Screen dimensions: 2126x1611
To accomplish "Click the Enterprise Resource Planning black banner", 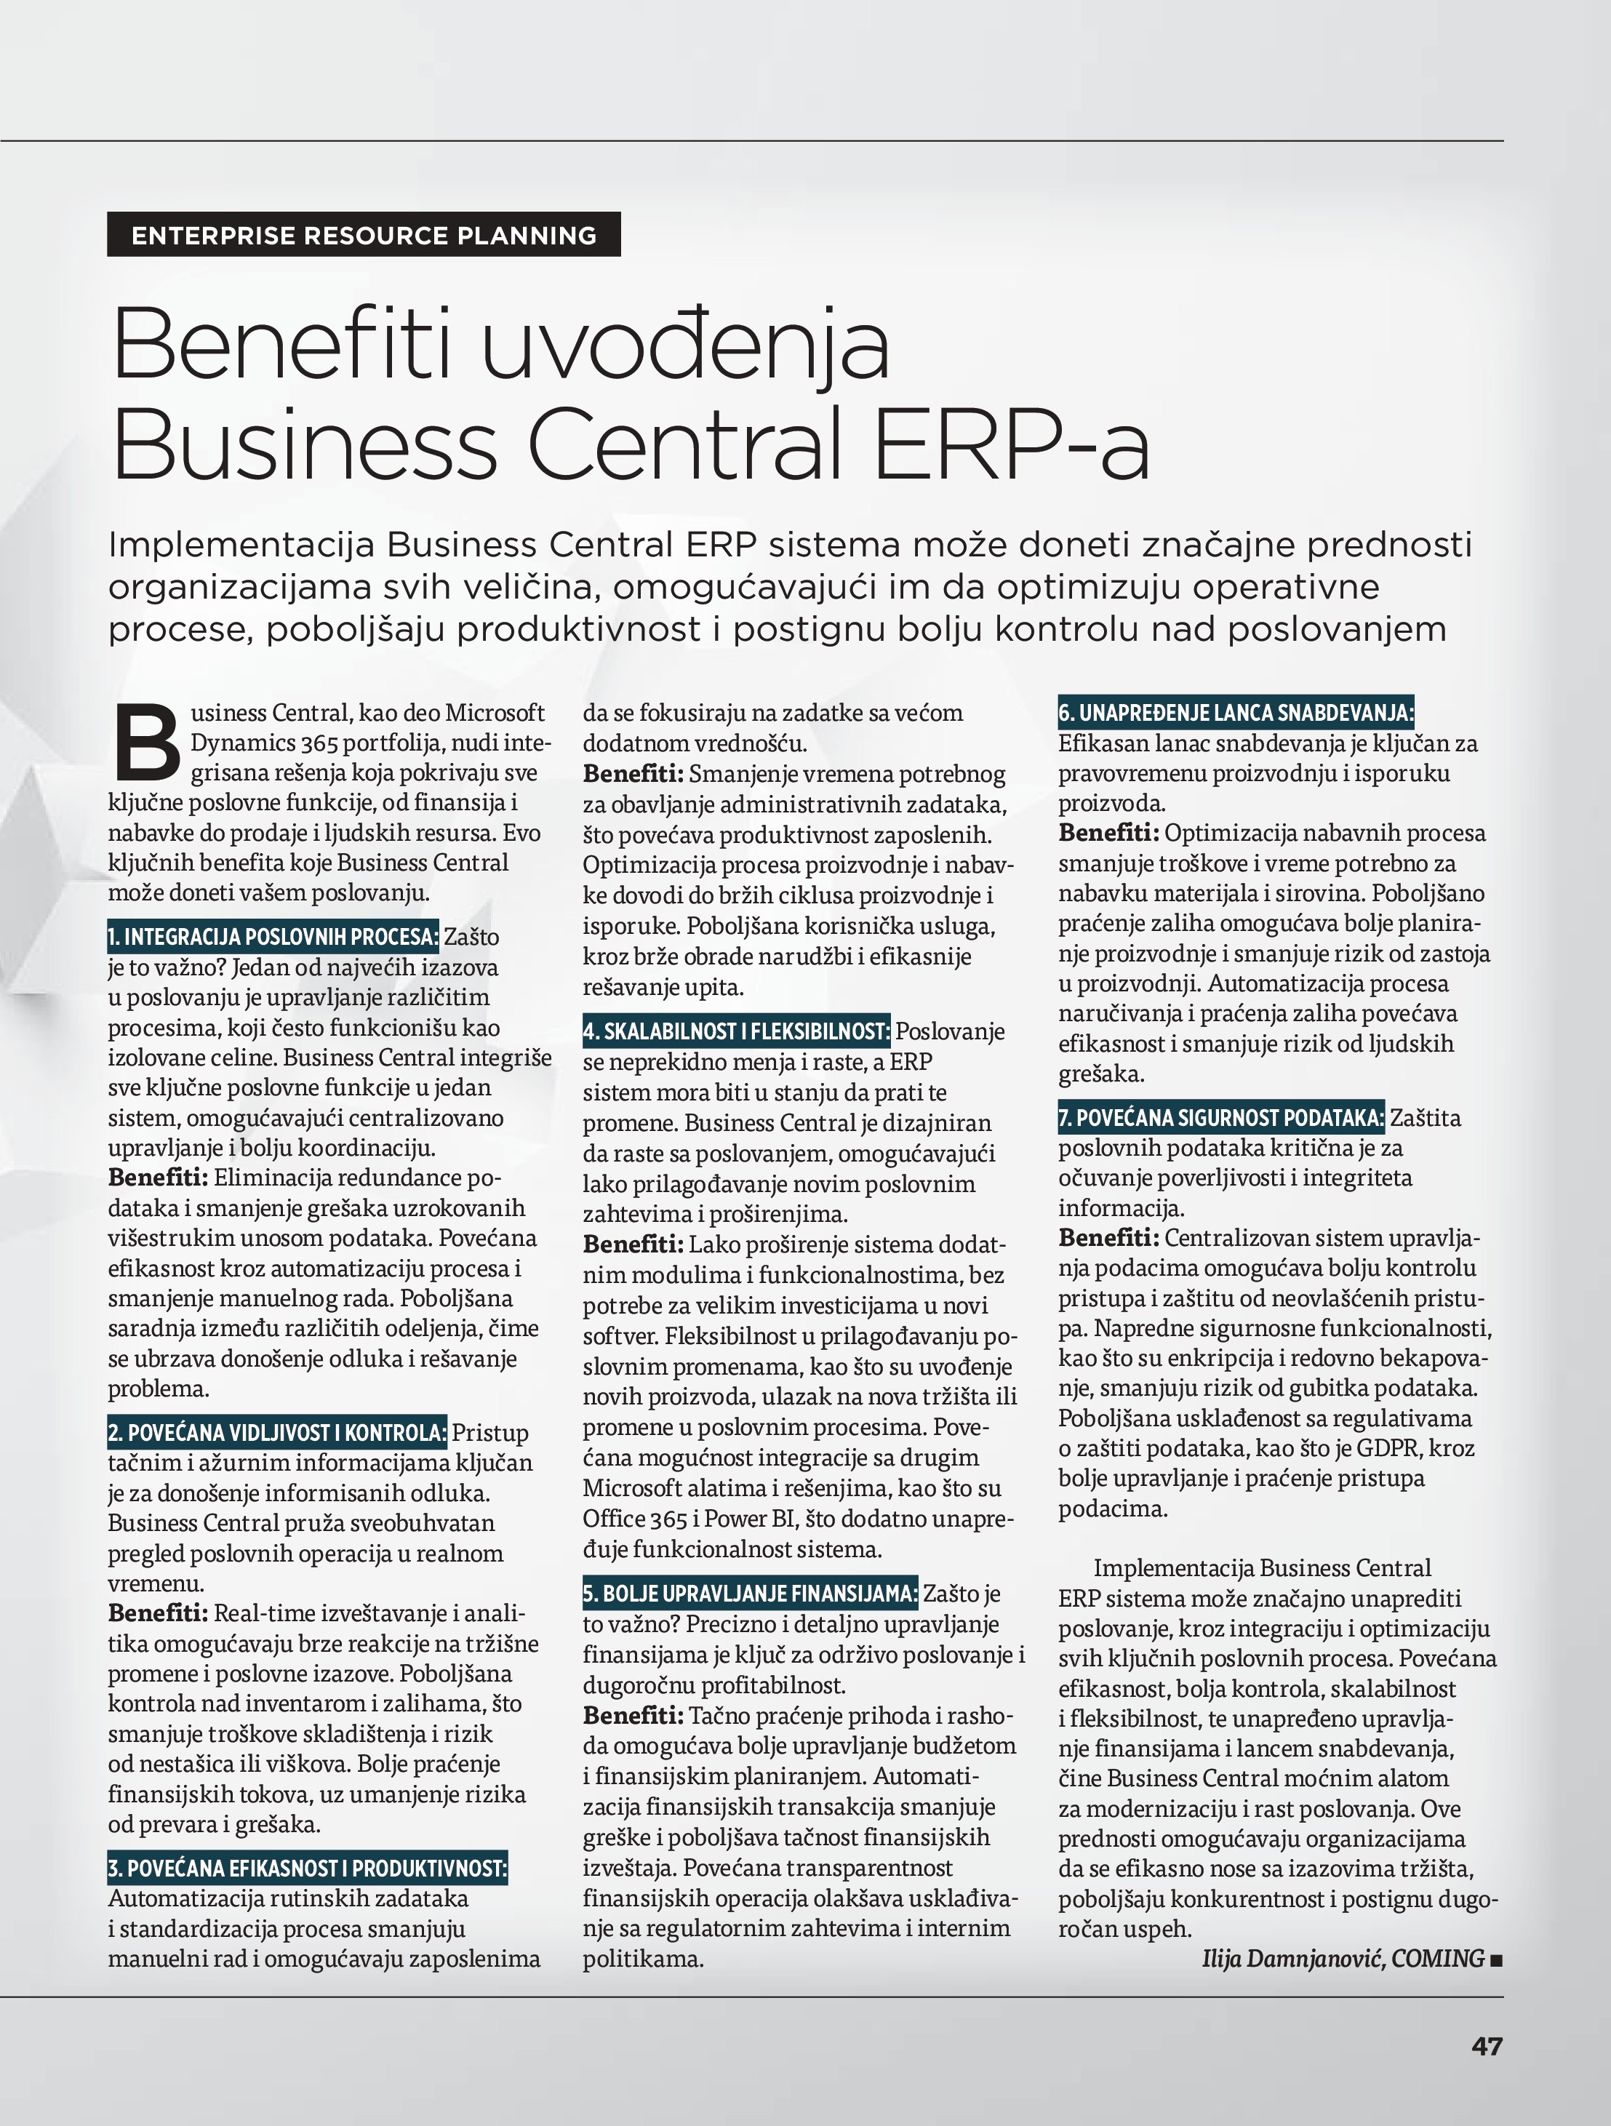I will (364, 234).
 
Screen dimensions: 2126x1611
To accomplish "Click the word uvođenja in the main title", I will (684, 344).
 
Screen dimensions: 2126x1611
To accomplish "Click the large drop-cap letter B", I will (146, 743).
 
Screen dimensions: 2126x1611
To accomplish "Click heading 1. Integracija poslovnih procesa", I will (273, 936).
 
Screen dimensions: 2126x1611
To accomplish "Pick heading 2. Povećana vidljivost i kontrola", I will (277, 1432).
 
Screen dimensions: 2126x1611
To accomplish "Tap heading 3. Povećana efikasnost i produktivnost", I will (308, 1869).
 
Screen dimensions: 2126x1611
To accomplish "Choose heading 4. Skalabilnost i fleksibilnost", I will (736, 1031).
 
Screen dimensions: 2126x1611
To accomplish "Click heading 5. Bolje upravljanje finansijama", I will (750, 1594).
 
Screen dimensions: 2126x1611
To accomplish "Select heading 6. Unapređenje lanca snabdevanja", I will (1235, 712).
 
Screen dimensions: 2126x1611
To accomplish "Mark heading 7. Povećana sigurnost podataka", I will (1220, 1117).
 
